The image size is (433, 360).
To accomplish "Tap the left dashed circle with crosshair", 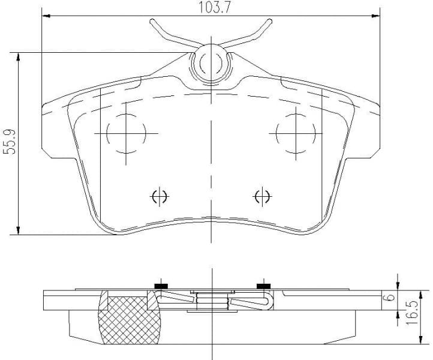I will click(x=126, y=133).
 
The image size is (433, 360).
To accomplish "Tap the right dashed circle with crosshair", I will click(x=296, y=133).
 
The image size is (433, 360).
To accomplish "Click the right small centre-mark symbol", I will click(x=262, y=196).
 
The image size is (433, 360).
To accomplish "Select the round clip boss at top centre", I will click(x=211, y=62).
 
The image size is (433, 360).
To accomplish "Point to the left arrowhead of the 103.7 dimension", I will click(x=46, y=16).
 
